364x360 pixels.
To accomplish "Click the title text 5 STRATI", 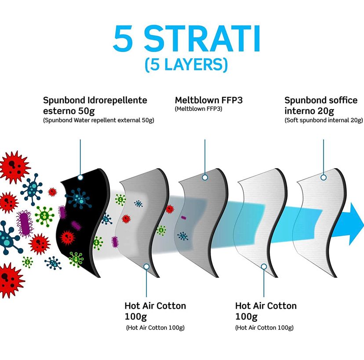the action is click(186, 38).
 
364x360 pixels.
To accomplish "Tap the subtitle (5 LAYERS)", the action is click(186, 65).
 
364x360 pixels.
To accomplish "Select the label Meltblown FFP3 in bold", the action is click(209, 100).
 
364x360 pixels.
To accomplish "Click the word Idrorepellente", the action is click(117, 100).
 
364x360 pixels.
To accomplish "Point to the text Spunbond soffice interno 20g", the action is click(321, 106).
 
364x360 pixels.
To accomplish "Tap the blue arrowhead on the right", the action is click(357, 224).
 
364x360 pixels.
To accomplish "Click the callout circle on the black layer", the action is click(80, 177).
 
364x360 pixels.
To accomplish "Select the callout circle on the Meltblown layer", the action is click(205, 177).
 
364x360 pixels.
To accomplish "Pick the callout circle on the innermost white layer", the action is click(324, 177).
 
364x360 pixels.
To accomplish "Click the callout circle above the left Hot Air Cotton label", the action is click(146, 267).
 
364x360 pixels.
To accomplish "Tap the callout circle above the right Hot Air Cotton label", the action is click(264, 267).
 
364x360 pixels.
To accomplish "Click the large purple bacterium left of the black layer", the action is click(24, 223).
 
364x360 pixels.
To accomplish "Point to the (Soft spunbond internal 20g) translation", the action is click(324, 120).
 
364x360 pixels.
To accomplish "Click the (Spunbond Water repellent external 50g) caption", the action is click(98, 120).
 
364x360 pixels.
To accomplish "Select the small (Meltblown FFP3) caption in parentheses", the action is click(198, 109).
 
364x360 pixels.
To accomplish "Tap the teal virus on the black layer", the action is click(79, 198).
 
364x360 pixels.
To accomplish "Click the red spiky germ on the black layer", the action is click(68, 238).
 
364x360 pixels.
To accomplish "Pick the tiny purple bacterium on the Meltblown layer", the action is click(184, 218).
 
